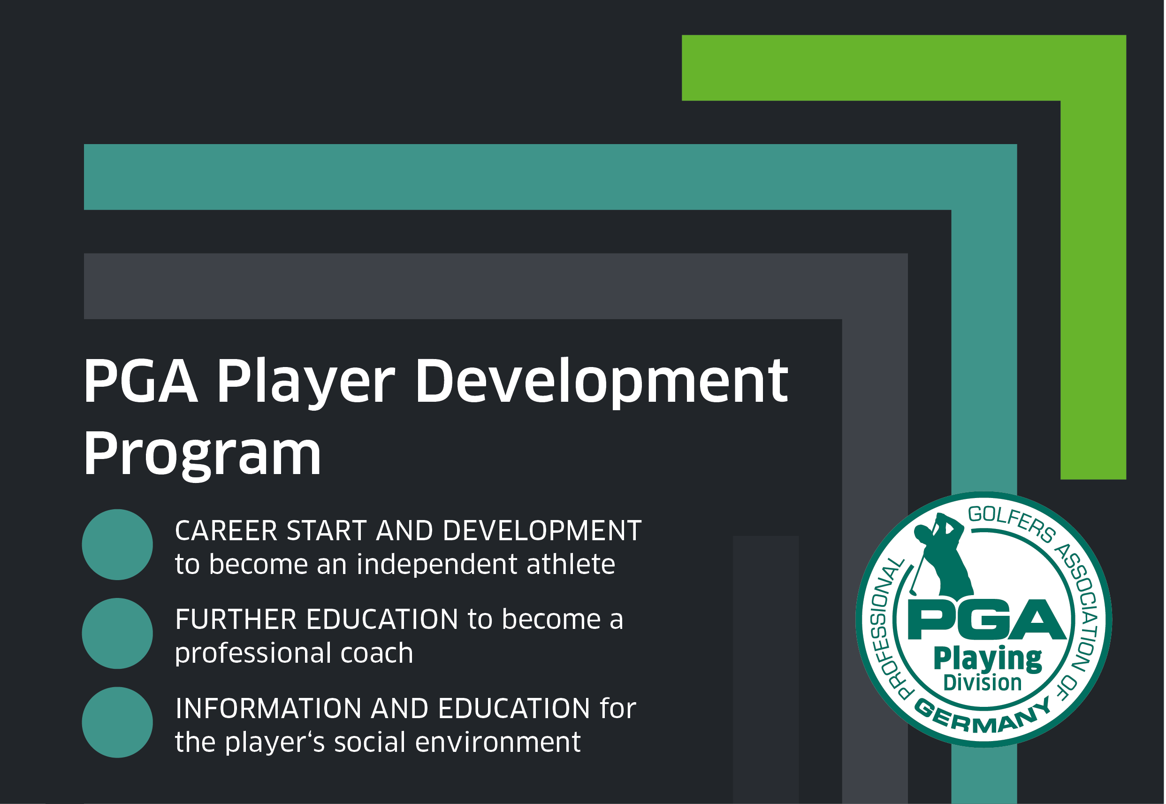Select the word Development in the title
point(602,383)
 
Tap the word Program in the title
point(202,455)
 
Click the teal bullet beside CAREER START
point(117,544)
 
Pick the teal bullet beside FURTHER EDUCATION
point(117,633)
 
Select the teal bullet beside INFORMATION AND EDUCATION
point(117,722)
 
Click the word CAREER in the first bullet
point(226,530)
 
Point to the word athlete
point(571,564)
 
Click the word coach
point(377,653)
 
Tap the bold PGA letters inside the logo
point(987,620)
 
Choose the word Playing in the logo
point(987,659)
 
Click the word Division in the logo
point(982,683)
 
